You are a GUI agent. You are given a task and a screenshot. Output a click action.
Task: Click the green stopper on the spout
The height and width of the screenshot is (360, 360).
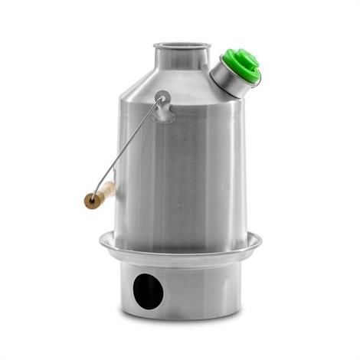pos(241,64)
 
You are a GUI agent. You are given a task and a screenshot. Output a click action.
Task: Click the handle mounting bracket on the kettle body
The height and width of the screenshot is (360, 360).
pos(162,107)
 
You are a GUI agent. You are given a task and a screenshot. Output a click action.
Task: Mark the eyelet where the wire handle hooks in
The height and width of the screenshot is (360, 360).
pos(161,97)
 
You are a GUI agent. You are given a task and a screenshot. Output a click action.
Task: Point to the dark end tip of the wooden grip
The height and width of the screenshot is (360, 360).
pos(88,202)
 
